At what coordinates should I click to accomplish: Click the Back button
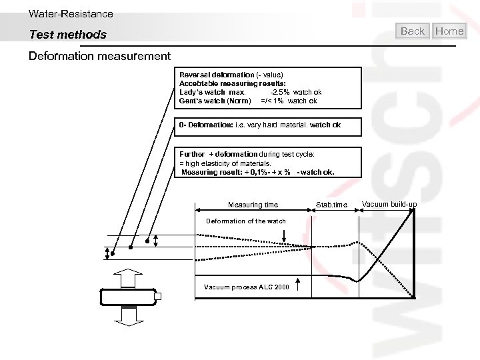pyautogui.click(x=413, y=31)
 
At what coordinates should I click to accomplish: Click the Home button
pyautogui.click(x=449, y=31)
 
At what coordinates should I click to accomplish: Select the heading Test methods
pyautogui.click(x=67, y=34)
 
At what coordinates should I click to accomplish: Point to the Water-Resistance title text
pyautogui.click(x=71, y=13)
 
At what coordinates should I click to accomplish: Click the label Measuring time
pyautogui.click(x=253, y=205)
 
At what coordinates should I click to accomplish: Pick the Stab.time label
pyautogui.click(x=331, y=205)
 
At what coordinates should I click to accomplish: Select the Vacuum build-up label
pyautogui.click(x=389, y=203)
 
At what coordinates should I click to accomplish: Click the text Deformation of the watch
pyautogui.click(x=246, y=221)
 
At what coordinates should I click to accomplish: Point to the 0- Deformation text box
pyautogui.click(x=269, y=125)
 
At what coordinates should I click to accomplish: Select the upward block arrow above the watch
pyautogui.click(x=127, y=278)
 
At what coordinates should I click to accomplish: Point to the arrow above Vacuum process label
pyautogui.click(x=297, y=284)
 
